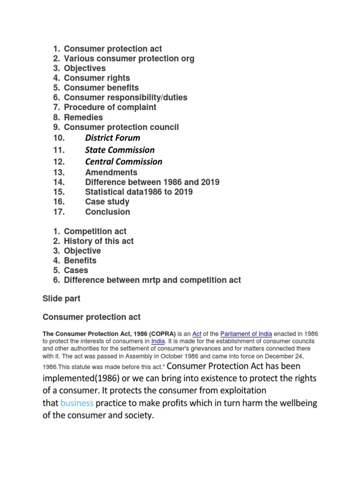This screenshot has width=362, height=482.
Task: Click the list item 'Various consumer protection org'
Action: tap(129, 58)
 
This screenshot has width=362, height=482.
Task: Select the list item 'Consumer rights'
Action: tap(97, 78)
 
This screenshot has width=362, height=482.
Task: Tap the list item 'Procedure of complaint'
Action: tap(110, 107)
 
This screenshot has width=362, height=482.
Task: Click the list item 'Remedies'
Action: tap(83, 117)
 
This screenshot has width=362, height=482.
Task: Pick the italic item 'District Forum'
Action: tap(113, 138)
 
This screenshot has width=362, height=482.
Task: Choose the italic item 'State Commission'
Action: tap(120, 150)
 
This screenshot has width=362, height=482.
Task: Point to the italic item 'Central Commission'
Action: tap(123, 162)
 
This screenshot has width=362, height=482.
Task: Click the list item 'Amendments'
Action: tap(111, 172)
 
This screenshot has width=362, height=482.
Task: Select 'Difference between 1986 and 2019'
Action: tap(152, 182)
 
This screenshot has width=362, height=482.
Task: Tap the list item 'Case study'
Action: tap(107, 202)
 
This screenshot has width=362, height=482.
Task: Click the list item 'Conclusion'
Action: tap(107, 212)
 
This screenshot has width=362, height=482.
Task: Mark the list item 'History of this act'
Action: tap(99, 241)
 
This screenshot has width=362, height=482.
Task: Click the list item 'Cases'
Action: tap(76, 270)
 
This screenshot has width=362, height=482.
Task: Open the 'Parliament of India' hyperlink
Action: tap(246, 334)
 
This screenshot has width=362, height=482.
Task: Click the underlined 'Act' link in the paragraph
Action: tap(197, 334)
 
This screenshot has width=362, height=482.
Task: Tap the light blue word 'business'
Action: tap(77, 403)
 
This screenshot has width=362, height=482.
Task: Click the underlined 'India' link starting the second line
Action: tap(157, 341)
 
